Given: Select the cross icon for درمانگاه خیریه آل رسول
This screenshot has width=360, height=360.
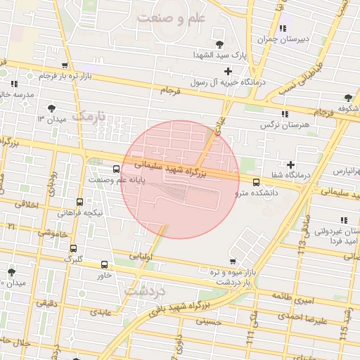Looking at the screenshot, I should [228, 71].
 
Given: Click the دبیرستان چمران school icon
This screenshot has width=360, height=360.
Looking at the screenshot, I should [282, 29].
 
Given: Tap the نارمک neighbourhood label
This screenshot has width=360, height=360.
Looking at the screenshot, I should [92, 115].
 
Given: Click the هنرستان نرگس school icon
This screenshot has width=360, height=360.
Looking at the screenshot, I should [284, 114].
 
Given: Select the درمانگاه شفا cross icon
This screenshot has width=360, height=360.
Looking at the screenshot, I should [290, 165].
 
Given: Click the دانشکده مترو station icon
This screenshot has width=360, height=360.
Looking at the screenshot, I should [256, 182].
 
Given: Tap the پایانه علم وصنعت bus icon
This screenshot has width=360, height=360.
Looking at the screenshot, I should [116, 169].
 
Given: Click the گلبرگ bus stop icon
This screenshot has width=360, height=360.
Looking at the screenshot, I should [73, 248].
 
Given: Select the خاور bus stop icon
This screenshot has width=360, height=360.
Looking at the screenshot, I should [105, 265].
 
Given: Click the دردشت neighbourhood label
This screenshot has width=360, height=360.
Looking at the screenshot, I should [143, 289].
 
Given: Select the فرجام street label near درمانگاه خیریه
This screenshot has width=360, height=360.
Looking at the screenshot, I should [171, 91].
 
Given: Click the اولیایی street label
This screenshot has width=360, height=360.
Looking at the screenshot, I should [150, 257].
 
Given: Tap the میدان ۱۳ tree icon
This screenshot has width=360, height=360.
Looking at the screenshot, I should [51, 108].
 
